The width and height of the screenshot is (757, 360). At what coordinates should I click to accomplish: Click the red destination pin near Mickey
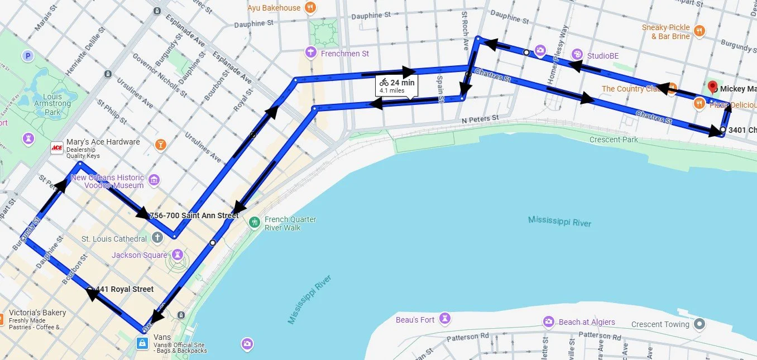(712, 87)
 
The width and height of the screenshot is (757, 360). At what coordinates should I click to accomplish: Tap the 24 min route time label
(402, 83)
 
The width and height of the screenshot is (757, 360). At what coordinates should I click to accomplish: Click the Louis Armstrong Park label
(52, 104)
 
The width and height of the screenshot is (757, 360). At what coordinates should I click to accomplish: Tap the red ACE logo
(56, 147)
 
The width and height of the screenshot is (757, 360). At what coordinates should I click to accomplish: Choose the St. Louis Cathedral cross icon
(157, 238)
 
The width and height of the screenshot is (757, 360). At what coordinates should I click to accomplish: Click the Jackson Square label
(139, 255)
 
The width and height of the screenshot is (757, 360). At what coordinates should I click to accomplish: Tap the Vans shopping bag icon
(143, 343)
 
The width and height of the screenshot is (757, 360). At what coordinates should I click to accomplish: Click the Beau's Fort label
(415, 320)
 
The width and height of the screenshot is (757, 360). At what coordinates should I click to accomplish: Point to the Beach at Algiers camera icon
(549, 321)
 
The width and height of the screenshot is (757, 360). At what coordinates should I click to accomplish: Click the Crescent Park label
(614, 140)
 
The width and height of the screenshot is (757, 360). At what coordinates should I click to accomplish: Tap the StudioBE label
(602, 56)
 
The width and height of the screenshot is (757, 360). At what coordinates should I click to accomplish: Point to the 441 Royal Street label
(124, 289)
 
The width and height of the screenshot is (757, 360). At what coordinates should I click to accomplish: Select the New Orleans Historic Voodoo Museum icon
(155, 180)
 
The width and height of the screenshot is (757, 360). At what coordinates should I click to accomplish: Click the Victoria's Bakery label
(38, 313)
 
